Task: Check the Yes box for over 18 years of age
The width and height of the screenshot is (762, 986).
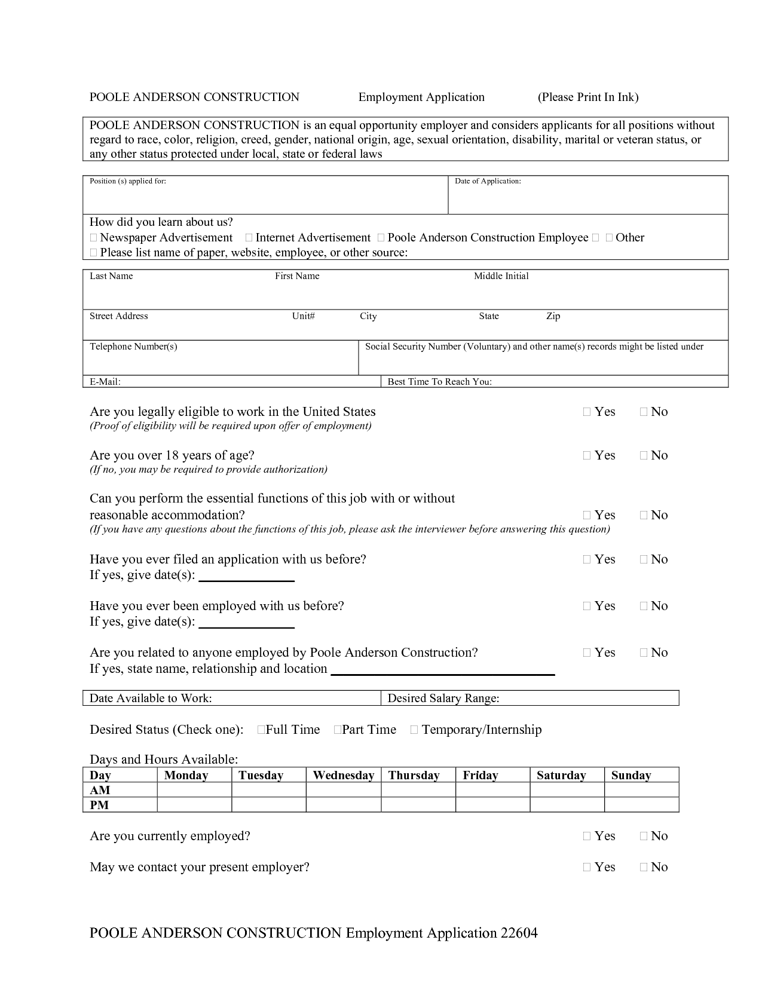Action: coord(587,456)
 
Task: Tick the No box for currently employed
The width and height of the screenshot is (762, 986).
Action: coord(644,837)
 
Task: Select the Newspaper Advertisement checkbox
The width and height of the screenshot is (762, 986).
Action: coord(93,238)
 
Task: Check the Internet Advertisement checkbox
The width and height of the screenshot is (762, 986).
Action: coord(249,238)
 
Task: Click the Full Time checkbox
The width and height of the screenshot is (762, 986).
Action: coord(261,730)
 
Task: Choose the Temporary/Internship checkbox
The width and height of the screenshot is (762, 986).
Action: coord(414,730)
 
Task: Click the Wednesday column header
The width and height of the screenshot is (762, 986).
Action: coord(343,775)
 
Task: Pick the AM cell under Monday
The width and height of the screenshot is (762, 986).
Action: coord(194,790)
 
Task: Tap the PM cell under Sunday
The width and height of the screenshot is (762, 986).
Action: coord(641,805)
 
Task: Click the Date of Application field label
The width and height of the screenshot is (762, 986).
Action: coord(488,181)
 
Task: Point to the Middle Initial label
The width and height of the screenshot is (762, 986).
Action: coord(501,276)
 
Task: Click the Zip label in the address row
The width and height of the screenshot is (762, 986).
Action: coord(553,316)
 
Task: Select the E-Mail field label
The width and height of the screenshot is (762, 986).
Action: coord(105,382)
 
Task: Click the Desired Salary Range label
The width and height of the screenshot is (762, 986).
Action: coord(443,698)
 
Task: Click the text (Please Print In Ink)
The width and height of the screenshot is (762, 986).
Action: coord(587,97)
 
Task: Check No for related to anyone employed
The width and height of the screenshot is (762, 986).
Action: coord(644,653)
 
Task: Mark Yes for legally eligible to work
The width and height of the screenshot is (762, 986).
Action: coord(587,412)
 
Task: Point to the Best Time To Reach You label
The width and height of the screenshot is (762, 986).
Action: coord(439,382)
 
